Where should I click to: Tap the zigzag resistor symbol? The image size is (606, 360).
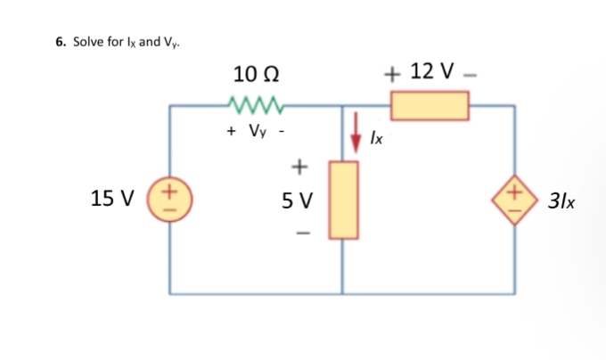[x=255, y=106]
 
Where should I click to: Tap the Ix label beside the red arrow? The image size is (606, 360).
[x=378, y=139]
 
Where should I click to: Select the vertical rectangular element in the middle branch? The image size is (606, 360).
[x=343, y=200]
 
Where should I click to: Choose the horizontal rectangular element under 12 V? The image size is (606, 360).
[x=430, y=106]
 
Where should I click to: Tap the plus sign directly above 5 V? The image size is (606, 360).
[x=299, y=166]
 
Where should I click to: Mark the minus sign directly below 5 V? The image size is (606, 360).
[x=299, y=235]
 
